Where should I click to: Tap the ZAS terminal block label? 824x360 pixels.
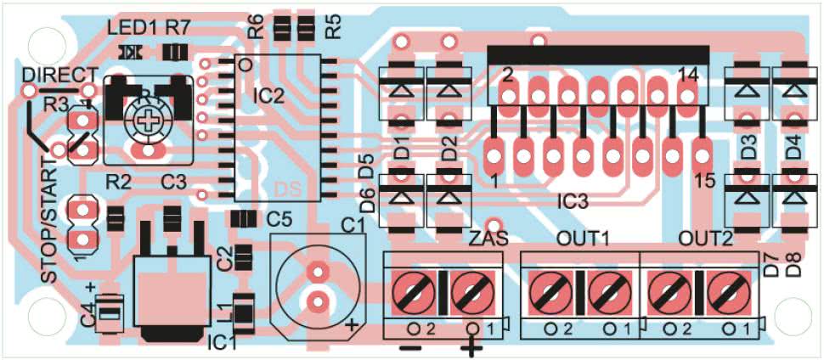point(488,239)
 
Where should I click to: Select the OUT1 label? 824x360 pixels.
point(583,239)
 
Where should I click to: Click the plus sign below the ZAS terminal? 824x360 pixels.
point(471,348)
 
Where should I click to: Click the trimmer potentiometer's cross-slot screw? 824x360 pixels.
point(150,120)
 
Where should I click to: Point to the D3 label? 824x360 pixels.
point(748,147)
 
